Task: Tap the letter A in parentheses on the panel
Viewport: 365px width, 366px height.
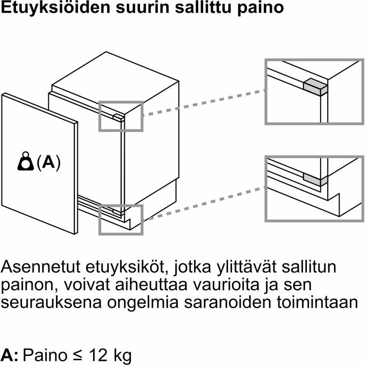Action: click(x=49, y=163)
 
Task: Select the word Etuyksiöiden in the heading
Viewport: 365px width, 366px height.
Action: click(x=55, y=8)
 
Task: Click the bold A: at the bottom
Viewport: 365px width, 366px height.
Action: click(x=10, y=355)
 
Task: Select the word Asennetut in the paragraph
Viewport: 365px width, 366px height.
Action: click(x=41, y=266)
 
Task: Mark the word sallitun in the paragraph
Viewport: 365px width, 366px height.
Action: click(x=308, y=266)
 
